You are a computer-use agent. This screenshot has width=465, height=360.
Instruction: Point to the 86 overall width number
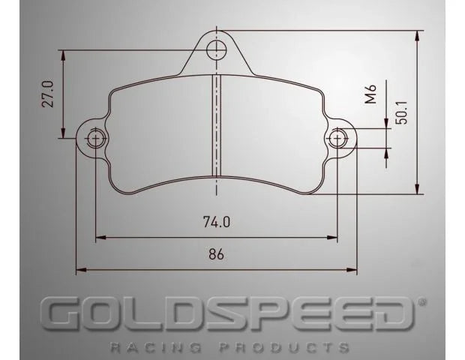point(216,253)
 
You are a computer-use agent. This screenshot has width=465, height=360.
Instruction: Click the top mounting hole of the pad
point(217,50)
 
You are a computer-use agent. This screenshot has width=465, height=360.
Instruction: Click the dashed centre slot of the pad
point(217,124)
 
